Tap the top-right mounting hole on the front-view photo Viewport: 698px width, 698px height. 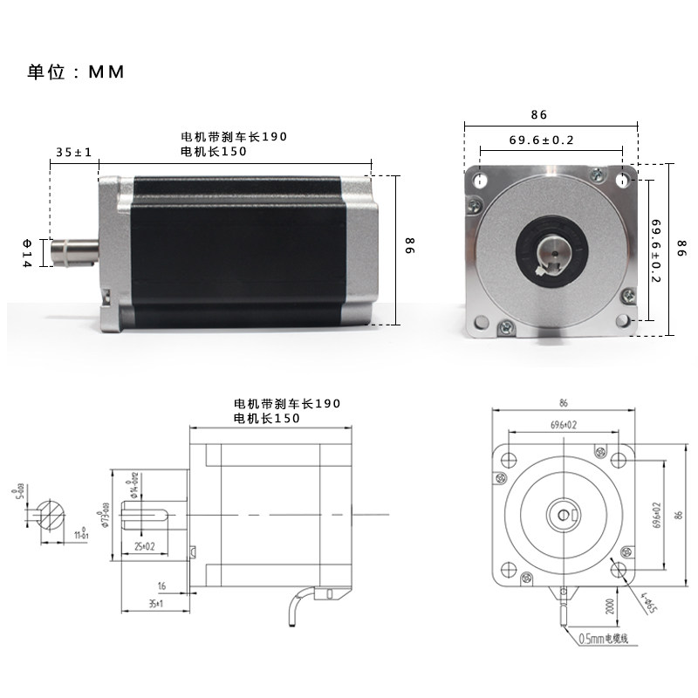pos(621,181)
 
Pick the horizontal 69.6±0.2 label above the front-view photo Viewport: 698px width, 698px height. pos(541,140)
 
